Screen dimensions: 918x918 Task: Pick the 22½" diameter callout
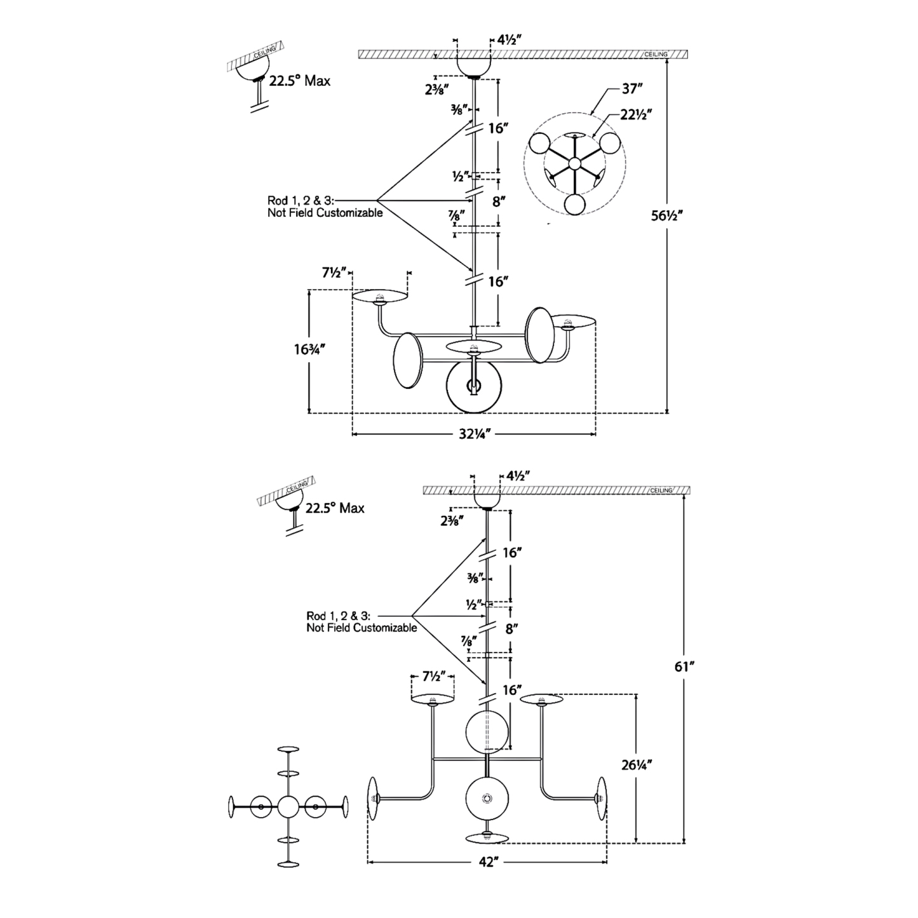pyautogui.click(x=637, y=114)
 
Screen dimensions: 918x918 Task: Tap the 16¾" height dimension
pyautogui.click(x=309, y=349)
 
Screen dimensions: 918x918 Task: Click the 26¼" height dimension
pyautogui.click(x=636, y=764)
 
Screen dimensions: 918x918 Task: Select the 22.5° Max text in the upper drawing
pyautogui.click(x=299, y=81)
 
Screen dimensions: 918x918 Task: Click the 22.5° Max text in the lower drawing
pyautogui.click(x=335, y=508)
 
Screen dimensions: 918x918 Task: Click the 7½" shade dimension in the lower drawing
pyautogui.click(x=433, y=677)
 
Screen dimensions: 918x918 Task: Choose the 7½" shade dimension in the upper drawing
pyautogui.click(x=334, y=273)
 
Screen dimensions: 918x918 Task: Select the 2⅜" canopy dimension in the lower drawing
pyautogui.click(x=451, y=520)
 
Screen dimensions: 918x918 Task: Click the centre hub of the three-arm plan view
pyautogui.click(x=574, y=163)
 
